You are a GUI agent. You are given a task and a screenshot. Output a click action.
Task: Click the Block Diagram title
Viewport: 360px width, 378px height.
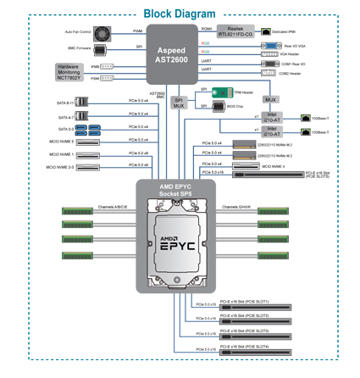(x=179, y=14)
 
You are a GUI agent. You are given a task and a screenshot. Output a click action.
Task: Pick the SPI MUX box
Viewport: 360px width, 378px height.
(x=179, y=103)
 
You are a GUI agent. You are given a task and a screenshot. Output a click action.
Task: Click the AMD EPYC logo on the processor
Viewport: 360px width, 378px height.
(x=179, y=240)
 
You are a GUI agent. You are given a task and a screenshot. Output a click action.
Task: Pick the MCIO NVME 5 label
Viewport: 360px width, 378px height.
(x=60, y=141)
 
